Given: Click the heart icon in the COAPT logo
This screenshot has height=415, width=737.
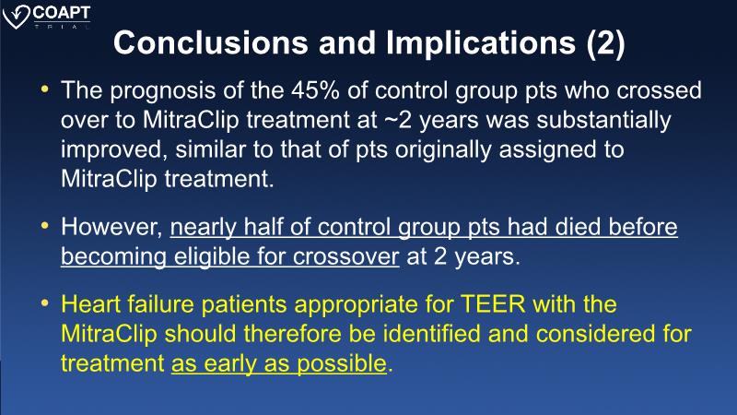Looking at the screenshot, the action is point(16,17).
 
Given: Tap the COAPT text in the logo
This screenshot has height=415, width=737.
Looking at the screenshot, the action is point(61,13).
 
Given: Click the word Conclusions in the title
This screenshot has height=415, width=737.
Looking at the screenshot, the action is point(211,42).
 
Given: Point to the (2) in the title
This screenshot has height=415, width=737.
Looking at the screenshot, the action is point(605,43).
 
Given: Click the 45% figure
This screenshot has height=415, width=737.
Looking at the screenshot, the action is point(315,89).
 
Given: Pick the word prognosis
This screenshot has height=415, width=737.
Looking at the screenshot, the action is point(163,91).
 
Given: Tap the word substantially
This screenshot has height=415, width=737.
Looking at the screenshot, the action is point(603,121).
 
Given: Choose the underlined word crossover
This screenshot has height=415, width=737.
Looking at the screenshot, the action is point(346,257).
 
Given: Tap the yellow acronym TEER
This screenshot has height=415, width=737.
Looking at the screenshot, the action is point(493,304).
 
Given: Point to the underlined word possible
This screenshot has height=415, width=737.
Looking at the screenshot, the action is point(342,363).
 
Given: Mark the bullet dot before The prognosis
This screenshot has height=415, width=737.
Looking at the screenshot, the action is point(45,89).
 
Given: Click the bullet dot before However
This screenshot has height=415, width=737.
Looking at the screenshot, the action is point(45,226).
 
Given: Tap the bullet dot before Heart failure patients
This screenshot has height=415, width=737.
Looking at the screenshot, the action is point(45,303).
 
